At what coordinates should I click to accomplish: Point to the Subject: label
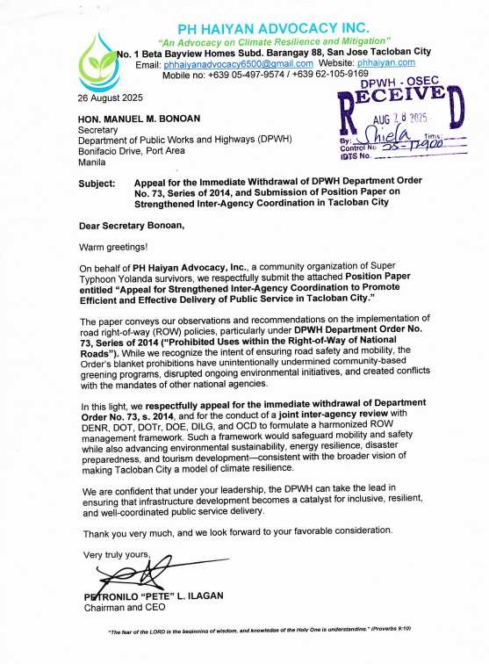pyautogui.click(x=97, y=184)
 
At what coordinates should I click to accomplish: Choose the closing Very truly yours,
pyautogui.click(x=117, y=554)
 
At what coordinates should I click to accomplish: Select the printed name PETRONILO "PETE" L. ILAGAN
pyautogui.click(x=153, y=595)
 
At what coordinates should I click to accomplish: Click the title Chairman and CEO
pyautogui.click(x=119, y=607)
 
